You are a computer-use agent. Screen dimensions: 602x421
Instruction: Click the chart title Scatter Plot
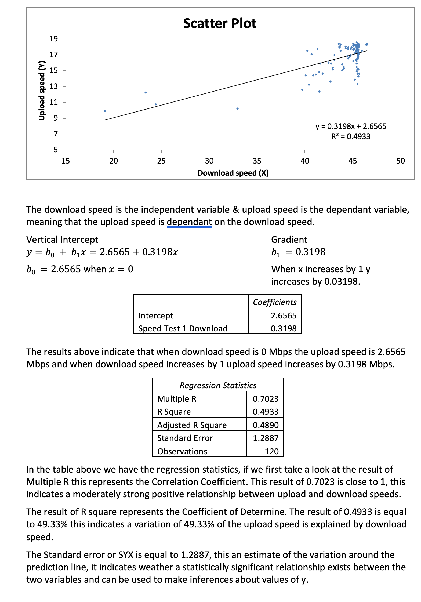click(x=219, y=23)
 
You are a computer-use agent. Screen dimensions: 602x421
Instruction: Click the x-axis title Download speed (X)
click(x=233, y=173)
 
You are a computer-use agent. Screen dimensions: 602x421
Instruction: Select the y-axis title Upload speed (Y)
click(x=42, y=91)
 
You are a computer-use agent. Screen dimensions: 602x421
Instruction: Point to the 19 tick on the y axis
click(x=53, y=39)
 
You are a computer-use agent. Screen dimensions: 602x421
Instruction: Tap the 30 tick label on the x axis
click(x=209, y=161)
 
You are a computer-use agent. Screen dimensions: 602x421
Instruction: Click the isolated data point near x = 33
click(x=237, y=109)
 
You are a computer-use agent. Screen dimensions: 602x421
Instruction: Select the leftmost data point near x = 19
click(x=105, y=111)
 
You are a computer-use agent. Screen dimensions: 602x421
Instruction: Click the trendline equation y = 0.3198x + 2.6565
click(x=351, y=126)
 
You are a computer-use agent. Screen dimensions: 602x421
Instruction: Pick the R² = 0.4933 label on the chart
click(x=351, y=137)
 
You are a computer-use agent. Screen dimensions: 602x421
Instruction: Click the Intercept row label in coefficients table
click(x=156, y=315)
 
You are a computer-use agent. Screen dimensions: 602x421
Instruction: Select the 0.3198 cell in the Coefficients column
click(x=284, y=328)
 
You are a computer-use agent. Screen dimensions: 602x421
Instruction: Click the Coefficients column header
click(x=275, y=302)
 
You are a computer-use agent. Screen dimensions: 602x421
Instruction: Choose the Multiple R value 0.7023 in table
click(x=266, y=399)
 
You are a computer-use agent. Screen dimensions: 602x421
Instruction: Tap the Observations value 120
click(x=271, y=451)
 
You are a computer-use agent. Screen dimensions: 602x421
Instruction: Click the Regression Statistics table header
click(x=218, y=385)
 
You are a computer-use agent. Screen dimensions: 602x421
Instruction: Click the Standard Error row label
click(x=185, y=438)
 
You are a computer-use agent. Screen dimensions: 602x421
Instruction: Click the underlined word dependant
click(x=189, y=222)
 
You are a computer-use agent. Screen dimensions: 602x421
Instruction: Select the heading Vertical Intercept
click(x=62, y=240)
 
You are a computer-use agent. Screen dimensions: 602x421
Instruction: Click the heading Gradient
click(x=289, y=240)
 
